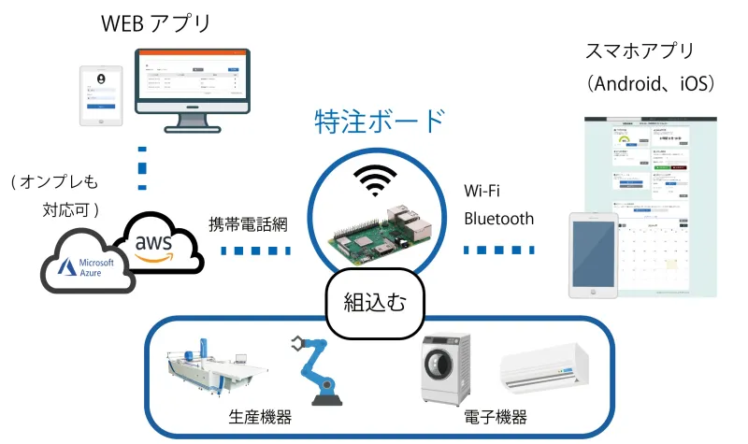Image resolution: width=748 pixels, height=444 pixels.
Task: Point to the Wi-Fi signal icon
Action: (373, 180)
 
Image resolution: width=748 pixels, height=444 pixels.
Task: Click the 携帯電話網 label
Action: (249, 224)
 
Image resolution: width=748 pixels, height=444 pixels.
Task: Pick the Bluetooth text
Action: (499, 220)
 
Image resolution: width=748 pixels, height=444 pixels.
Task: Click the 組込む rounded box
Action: (376, 301)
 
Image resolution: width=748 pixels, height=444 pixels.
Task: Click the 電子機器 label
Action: (496, 418)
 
